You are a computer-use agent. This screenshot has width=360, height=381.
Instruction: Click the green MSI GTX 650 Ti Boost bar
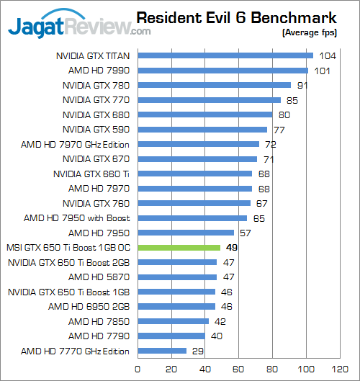click(179, 247)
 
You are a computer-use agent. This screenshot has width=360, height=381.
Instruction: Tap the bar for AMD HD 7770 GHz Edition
click(161, 351)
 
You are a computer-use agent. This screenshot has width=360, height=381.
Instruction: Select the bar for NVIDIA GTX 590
click(202, 130)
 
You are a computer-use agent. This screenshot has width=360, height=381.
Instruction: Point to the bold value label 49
click(231, 247)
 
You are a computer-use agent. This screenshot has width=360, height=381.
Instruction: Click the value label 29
click(197, 351)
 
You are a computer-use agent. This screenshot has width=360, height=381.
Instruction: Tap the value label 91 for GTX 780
click(303, 85)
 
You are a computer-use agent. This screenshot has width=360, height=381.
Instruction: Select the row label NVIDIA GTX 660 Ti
click(91, 174)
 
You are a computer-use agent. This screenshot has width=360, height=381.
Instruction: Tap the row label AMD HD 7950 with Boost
click(76, 218)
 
